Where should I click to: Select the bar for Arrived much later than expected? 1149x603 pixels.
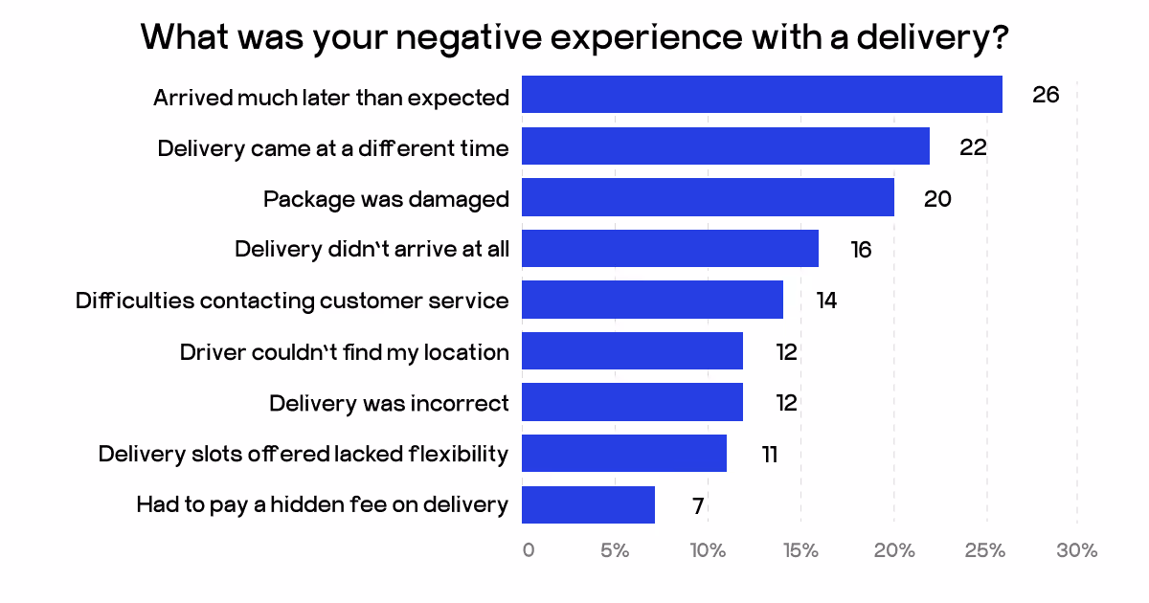pos(761,95)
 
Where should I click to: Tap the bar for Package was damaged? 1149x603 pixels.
pos(708,197)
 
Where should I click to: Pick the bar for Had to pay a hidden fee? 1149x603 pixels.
pos(588,504)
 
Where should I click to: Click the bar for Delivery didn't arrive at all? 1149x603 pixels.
pos(670,249)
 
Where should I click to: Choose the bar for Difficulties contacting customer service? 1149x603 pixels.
pos(652,300)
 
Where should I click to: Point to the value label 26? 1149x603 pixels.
pos(1046,95)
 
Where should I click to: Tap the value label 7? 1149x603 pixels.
pos(698,504)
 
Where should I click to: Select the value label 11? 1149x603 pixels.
pos(769,454)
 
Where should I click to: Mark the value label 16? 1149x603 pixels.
pos(861,249)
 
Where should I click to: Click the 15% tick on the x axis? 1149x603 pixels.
pos(800,550)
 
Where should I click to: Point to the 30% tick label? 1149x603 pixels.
pos(1077,550)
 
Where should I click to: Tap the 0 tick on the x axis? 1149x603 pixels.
pos(529,550)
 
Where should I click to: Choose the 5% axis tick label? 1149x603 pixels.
pos(615,550)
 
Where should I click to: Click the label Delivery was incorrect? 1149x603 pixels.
pos(389,403)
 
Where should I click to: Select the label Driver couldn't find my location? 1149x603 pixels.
pos(345,352)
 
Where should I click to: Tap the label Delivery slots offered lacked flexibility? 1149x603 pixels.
pos(304,454)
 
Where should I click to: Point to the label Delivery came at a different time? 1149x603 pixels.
pos(333,147)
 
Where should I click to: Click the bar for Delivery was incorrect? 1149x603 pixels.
pos(632,402)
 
